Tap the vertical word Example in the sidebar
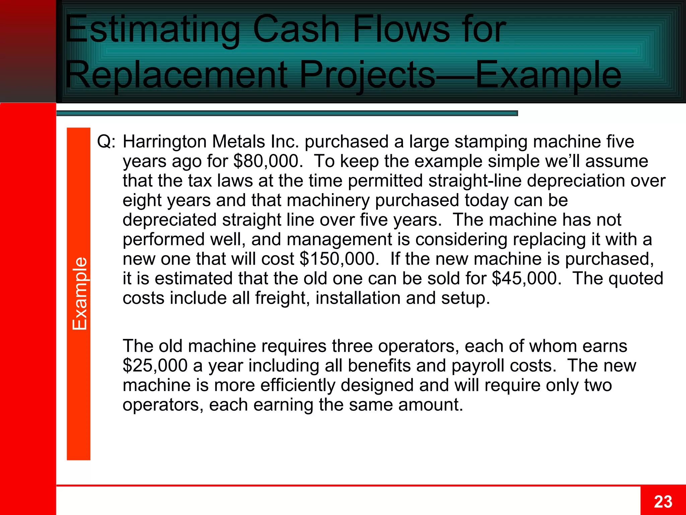[80, 293]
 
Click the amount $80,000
[266, 161]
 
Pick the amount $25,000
[155, 365]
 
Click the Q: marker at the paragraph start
[106, 142]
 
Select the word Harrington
[164, 142]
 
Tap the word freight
[282, 298]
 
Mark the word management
[339, 239]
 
